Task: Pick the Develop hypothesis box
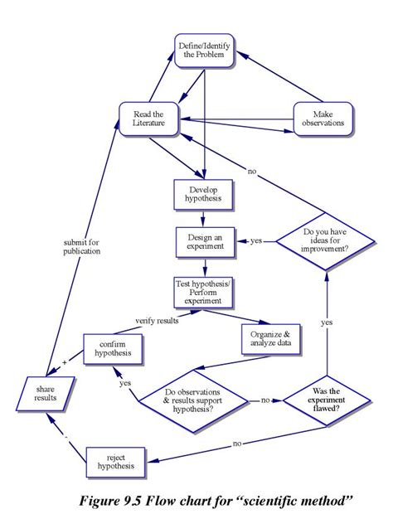pyautogui.click(x=203, y=195)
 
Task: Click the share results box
pyautogui.click(x=46, y=391)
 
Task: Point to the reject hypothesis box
pyautogui.click(x=115, y=462)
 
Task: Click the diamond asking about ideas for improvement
pyautogui.click(x=326, y=241)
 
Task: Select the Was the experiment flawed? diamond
pyautogui.click(x=327, y=400)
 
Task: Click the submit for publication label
pyautogui.click(x=81, y=246)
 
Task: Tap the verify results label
pyautogui.click(x=157, y=320)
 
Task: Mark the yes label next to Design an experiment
pyautogui.click(x=256, y=241)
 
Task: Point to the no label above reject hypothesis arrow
pyautogui.click(x=237, y=444)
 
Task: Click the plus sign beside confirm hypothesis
pyautogui.click(x=64, y=362)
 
